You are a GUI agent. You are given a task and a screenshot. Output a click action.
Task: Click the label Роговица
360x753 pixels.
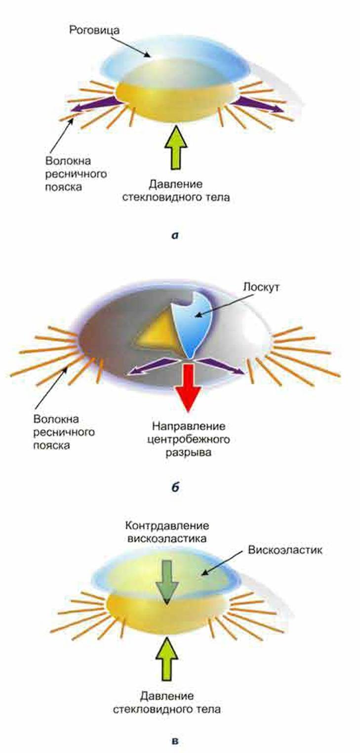(x=94, y=30)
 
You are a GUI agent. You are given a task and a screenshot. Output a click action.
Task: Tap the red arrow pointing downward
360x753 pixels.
(x=188, y=387)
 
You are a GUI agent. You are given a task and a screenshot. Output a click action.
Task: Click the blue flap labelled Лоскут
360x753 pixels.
(x=192, y=323)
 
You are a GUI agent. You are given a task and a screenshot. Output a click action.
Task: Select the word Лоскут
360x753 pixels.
(x=261, y=288)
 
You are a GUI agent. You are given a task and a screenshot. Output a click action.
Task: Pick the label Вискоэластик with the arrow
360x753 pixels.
(x=285, y=550)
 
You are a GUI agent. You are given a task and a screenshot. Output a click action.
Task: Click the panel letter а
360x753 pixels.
(x=175, y=236)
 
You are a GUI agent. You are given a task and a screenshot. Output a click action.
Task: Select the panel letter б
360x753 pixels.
(x=175, y=487)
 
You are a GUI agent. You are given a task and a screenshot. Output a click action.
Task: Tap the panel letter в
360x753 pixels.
(x=175, y=740)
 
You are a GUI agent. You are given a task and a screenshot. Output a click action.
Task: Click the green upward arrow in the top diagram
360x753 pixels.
(x=176, y=147)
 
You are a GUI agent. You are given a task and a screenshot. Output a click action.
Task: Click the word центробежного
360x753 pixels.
(x=189, y=439)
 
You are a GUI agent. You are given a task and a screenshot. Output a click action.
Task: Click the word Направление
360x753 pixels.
(x=189, y=426)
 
